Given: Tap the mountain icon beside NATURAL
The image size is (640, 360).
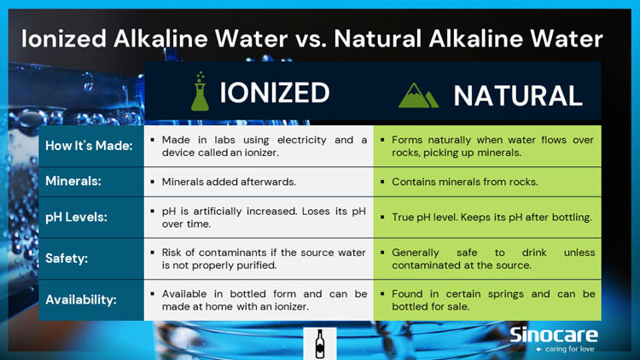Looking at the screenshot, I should (x=419, y=95).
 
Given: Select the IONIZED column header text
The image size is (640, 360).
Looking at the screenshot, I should (x=274, y=92).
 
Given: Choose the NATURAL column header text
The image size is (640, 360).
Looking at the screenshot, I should (x=517, y=95).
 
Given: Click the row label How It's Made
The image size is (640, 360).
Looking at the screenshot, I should (x=90, y=146).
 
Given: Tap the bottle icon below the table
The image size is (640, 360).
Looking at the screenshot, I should (x=320, y=343).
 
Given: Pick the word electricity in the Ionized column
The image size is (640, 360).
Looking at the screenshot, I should (x=294, y=140).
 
